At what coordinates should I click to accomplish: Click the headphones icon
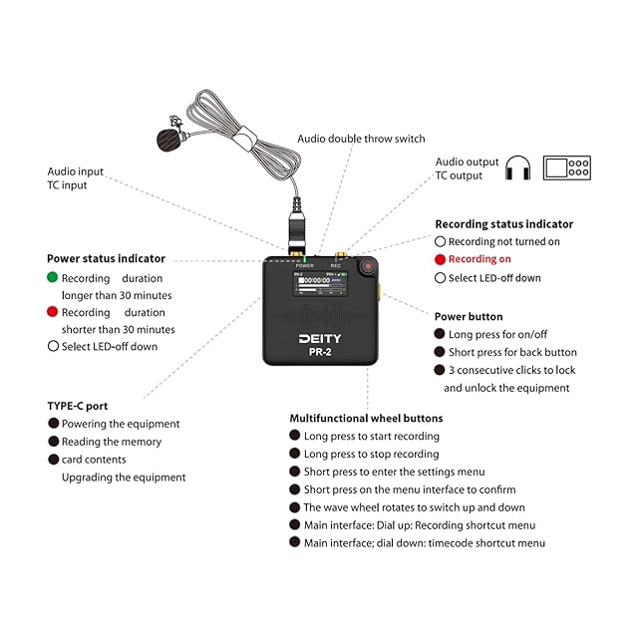coord(517,167)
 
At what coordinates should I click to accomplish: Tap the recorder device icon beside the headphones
coord(567,167)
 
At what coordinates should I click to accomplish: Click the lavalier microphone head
coord(169,140)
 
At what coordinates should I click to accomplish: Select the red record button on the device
coord(368,266)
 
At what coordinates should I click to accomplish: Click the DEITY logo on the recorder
coord(320,339)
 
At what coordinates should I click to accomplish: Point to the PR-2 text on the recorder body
coord(320,352)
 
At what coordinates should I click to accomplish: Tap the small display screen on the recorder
coord(320,283)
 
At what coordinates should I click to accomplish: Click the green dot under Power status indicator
coord(53,277)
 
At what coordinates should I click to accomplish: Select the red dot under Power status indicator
coord(53,312)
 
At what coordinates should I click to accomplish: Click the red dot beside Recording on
coord(440,259)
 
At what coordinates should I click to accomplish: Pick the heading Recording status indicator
coord(504,224)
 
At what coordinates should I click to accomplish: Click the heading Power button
coord(469,317)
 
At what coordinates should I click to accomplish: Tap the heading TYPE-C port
coord(78,406)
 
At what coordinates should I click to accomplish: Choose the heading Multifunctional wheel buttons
coord(366,419)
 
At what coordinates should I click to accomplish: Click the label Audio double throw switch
coord(361,139)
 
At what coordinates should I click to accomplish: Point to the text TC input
coord(67,185)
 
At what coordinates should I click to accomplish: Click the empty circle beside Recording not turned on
coord(440,241)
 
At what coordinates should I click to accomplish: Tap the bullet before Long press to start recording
coord(295,436)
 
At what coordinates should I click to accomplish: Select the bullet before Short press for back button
coord(440,352)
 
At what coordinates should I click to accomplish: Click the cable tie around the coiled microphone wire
coord(244,138)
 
